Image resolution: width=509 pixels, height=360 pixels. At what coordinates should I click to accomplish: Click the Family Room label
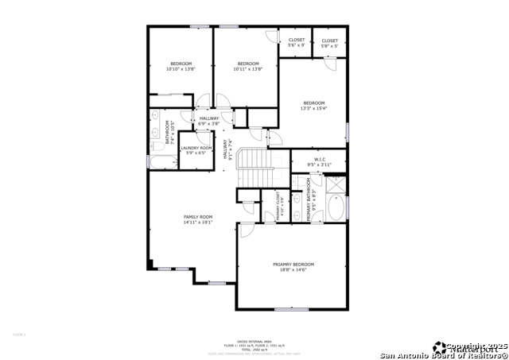click(x=198, y=217)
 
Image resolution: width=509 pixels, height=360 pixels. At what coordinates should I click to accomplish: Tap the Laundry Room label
click(x=196, y=148)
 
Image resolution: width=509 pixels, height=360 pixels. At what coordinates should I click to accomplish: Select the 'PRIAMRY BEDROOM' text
click(x=293, y=264)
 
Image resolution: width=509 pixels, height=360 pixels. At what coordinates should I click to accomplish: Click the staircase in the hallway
click(x=255, y=168)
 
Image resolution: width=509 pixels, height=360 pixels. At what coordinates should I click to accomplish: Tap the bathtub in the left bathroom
click(x=162, y=162)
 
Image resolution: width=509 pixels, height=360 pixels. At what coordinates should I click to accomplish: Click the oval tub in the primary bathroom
click(x=336, y=209)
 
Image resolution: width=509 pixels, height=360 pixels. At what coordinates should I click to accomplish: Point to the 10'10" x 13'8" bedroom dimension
click(x=181, y=69)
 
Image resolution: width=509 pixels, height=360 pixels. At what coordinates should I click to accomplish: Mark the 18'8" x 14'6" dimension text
click(x=293, y=271)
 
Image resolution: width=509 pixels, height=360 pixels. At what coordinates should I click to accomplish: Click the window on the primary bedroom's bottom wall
click(x=297, y=308)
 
